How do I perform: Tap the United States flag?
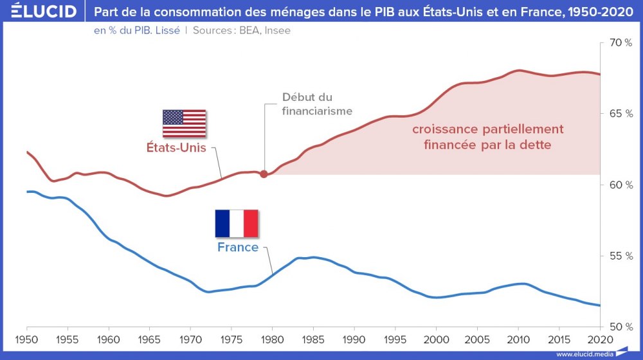click(184, 123)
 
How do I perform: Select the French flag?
click(237, 223)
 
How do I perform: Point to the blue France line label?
click(238, 248)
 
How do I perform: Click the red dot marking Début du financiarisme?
click(264, 174)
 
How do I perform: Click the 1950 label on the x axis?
click(27, 339)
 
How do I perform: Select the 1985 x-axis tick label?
click(312, 339)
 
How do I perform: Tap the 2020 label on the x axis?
click(599, 339)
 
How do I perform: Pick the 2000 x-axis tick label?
click(436, 339)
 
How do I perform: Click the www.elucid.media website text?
click(585, 354)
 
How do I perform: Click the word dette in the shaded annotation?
click(536, 145)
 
